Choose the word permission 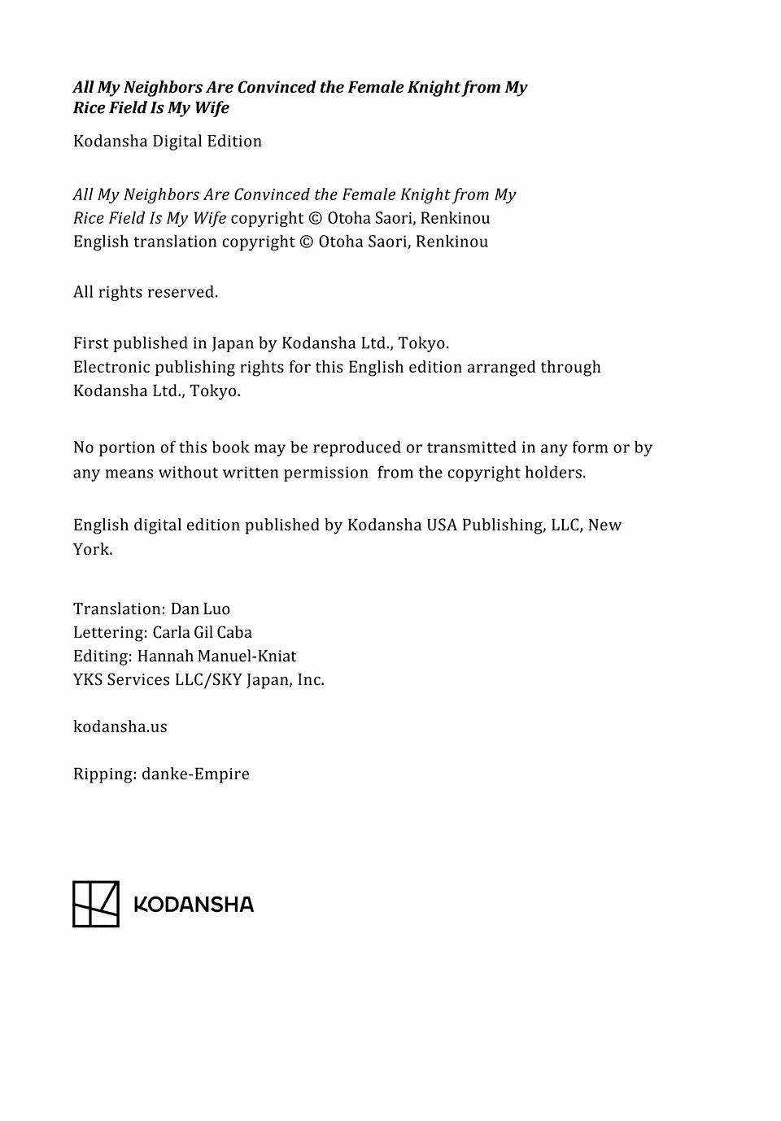click(x=325, y=473)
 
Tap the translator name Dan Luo click(x=200, y=608)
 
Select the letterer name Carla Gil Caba click(x=202, y=632)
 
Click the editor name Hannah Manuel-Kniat click(x=216, y=656)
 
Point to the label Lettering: click(x=111, y=632)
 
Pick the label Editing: click(x=103, y=656)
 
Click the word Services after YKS click(x=138, y=679)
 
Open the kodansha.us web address click(x=120, y=726)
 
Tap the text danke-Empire click(x=195, y=774)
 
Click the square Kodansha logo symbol click(x=96, y=904)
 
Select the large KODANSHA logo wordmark click(x=194, y=905)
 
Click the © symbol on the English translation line click(x=306, y=242)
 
